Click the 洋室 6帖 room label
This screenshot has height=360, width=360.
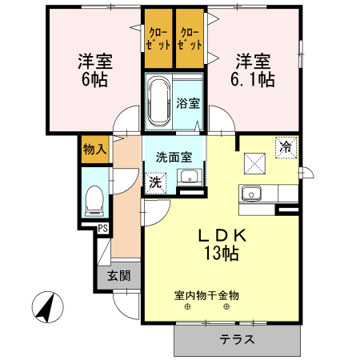(x=93, y=70)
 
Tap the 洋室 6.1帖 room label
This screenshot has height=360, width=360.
(x=254, y=70)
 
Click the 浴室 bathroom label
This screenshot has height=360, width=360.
(x=187, y=103)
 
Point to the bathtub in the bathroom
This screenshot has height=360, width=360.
(x=157, y=102)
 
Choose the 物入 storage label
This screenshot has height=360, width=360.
(x=94, y=150)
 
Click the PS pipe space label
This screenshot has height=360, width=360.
(x=103, y=229)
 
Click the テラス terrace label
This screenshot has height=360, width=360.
(x=238, y=339)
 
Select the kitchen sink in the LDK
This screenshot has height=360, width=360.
(x=253, y=193)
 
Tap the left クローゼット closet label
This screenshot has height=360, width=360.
(x=158, y=38)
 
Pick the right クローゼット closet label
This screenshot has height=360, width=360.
(x=190, y=38)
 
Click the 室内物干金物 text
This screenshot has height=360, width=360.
(x=206, y=294)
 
